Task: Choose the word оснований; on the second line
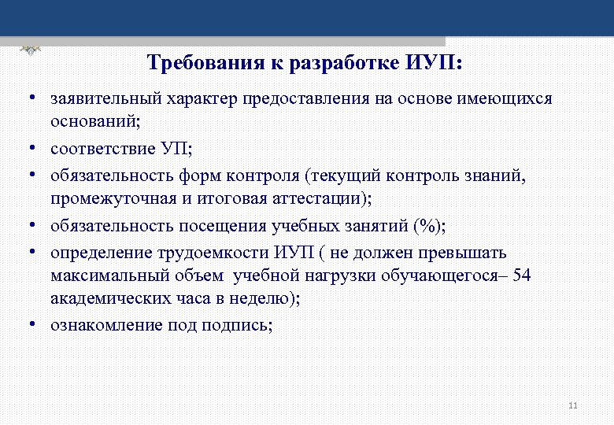pos(88,122)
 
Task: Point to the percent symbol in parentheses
pos(428,227)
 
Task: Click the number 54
pos(522,275)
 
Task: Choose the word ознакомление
pos(106,324)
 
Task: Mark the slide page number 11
pos(572,405)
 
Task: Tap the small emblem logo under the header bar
pos(31,49)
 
